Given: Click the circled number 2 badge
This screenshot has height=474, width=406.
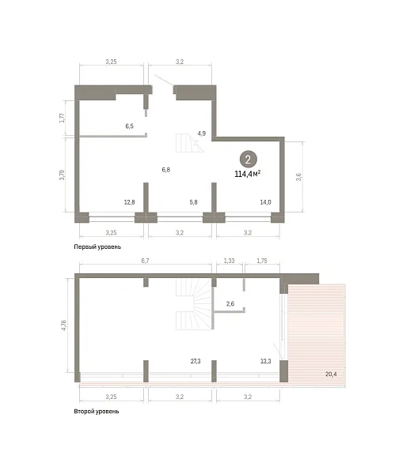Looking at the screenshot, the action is coord(249,160).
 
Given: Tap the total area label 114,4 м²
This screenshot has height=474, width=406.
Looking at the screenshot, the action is coord(248,174).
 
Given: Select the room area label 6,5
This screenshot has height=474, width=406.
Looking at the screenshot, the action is coord(129,126).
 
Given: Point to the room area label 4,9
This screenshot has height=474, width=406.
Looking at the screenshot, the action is coord(202,134).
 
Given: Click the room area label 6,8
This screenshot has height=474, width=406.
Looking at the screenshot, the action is coord(166,170).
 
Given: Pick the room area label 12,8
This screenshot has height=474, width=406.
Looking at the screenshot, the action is coord(129,202).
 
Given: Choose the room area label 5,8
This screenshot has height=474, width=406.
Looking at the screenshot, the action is coord(193,202).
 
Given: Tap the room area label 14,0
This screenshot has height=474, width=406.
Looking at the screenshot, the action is coord(265,202).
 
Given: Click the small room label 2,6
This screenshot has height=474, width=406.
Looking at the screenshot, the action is coord(230,303).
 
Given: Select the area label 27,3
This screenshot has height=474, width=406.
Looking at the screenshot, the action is coord(195,361).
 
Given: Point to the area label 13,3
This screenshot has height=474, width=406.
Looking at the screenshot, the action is coord(265,361).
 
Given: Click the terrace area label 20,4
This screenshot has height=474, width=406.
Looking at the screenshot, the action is coord(331,374).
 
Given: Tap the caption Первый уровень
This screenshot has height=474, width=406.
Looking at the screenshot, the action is coord(97,246).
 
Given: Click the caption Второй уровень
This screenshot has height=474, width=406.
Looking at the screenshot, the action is coord(97,411).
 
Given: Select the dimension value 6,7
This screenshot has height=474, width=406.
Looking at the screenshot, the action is coord(146,261).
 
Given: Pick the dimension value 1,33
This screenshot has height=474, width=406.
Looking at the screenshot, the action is coord(230,261).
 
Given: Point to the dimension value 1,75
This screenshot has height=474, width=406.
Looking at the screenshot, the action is coord(262,261).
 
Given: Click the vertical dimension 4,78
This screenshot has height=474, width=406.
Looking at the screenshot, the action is coord(64,325).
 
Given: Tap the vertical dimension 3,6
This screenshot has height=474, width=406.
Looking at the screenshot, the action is coord(299,176).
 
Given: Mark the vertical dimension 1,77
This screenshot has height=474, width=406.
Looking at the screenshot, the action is coord(62,118).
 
